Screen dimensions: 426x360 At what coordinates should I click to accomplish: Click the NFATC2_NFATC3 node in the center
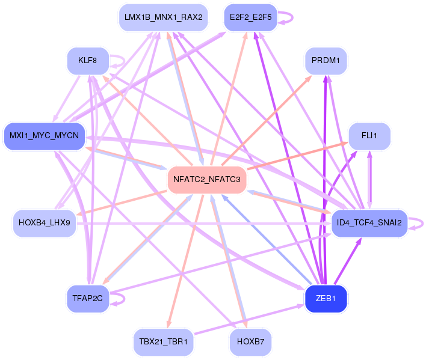coord(207,180)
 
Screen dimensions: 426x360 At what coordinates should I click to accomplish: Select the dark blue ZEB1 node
coord(326,299)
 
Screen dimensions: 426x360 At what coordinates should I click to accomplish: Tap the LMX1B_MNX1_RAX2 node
coord(163,17)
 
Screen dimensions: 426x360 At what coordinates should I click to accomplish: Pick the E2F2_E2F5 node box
coord(250,17)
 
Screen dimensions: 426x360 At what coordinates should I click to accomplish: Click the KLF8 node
coord(88,61)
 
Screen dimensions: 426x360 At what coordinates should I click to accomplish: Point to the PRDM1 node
coord(326,61)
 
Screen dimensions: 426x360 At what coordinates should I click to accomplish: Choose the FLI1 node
coord(369,136)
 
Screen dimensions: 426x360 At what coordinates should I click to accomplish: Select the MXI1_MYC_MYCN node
coord(44,136)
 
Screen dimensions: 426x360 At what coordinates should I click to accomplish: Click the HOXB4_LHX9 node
coord(45,223)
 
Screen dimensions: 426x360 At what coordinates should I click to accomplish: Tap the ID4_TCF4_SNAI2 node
coord(369,223)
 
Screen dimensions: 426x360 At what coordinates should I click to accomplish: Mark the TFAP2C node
coord(88,299)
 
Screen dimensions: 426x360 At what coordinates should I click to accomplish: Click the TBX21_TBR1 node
coord(163,342)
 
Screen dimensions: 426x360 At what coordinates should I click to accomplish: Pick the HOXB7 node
coord(250,342)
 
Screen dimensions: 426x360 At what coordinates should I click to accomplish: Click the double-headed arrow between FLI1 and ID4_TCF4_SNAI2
coord(369,180)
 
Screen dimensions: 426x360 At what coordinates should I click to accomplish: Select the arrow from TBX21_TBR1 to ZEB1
coord(250,320)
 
